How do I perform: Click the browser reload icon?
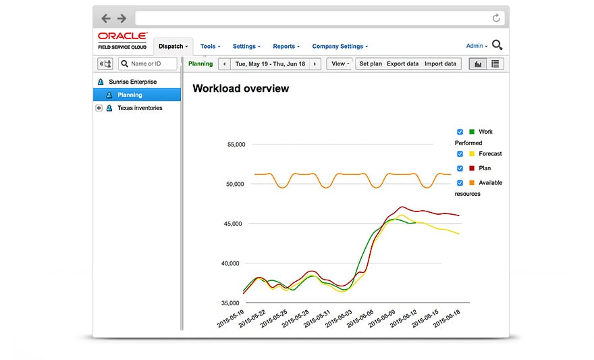coord(496,18)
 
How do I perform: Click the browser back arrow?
coord(106,18)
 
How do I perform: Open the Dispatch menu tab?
coord(173,46)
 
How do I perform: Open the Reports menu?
coord(286,47)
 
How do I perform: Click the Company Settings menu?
coord(340,47)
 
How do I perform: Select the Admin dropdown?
coord(477,46)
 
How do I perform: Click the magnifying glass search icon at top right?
coord(497,45)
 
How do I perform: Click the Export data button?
coord(402,64)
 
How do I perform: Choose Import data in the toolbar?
coord(440,64)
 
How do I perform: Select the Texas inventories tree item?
coord(140,108)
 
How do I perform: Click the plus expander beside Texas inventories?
coord(99,108)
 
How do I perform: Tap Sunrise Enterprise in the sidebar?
coord(132,82)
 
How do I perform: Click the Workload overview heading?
coord(240,88)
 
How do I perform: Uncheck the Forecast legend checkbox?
coord(460,154)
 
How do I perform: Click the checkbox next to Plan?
coord(460,168)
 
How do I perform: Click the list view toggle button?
coord(495,64)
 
